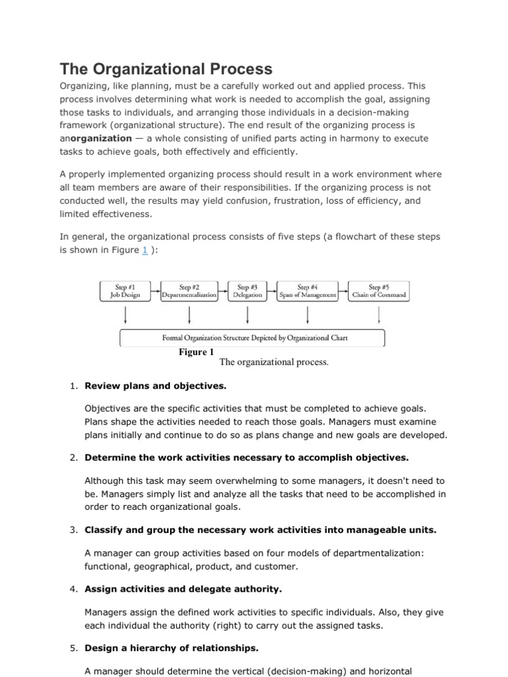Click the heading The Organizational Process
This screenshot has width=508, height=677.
[166, 69]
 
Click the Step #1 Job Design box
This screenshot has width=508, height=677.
[124, 291]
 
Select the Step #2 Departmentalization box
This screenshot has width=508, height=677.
[189, 291]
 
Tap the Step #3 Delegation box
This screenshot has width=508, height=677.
[247, 291]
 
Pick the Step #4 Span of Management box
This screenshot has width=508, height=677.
[308, 291]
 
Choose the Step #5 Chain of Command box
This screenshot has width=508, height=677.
[379, 291]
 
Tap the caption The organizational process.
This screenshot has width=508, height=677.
[274, 362]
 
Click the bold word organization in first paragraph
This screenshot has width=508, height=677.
[101, 138]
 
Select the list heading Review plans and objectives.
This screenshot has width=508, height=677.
[155, 385]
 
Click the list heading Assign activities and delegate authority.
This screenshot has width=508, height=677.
[183, 588]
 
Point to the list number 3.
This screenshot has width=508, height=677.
[73, 530]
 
